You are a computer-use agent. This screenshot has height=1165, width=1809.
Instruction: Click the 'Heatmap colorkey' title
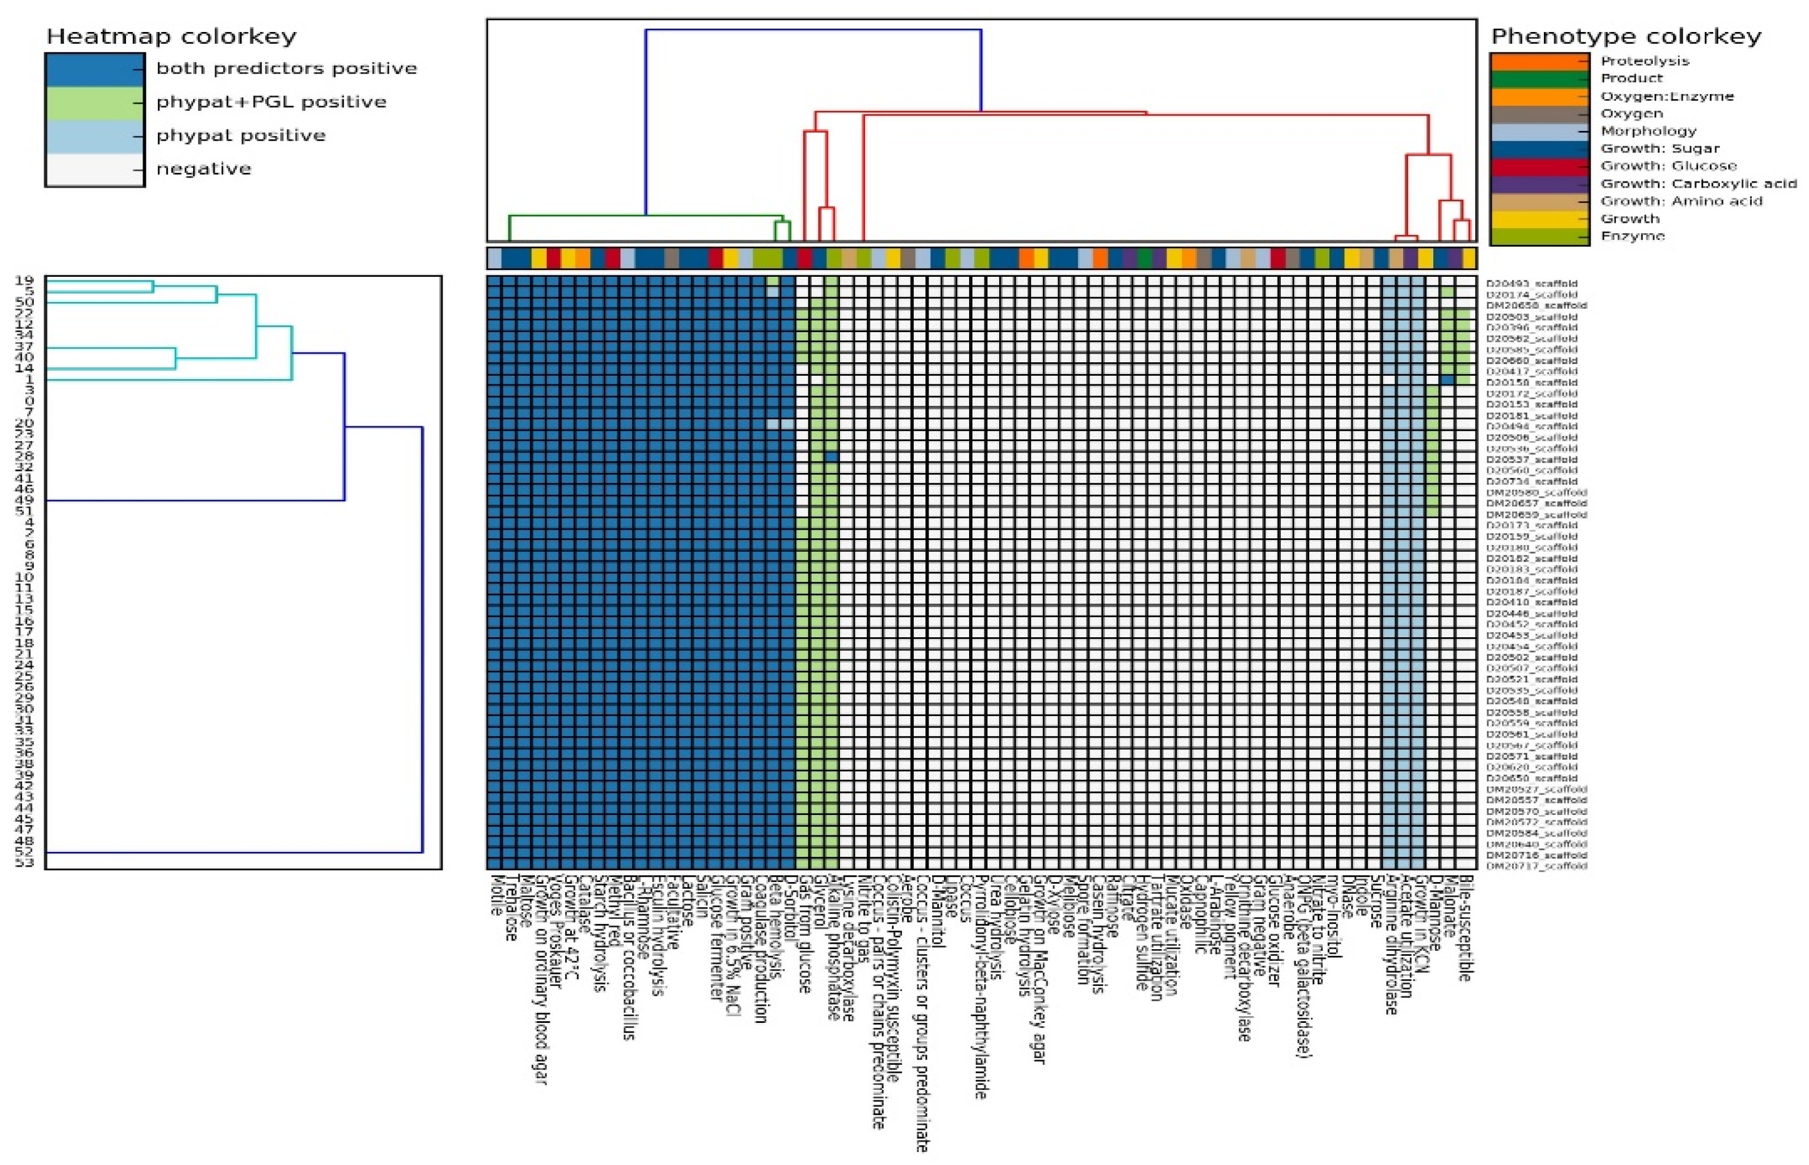point(172,36)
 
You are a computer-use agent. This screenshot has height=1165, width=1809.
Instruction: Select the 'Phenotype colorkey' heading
point(1625,36)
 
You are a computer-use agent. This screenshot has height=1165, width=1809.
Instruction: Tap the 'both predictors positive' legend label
point(287,69)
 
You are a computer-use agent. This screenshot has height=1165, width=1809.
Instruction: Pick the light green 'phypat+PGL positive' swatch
point(95,103)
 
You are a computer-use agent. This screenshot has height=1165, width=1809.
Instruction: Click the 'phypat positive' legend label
point(240,136)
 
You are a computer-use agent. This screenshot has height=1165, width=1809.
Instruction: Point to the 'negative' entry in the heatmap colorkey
point(204,169)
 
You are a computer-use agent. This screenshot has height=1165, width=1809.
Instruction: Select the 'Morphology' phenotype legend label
point(1648,132)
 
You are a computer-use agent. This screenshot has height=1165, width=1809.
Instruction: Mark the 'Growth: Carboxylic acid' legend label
point(1698,184)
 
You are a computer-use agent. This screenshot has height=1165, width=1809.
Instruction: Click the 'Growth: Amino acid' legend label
point(1681,201)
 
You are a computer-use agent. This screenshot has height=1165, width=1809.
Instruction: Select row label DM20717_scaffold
point(1536,866)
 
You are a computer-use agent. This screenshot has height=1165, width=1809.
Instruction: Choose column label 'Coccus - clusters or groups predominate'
point(923,1014)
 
